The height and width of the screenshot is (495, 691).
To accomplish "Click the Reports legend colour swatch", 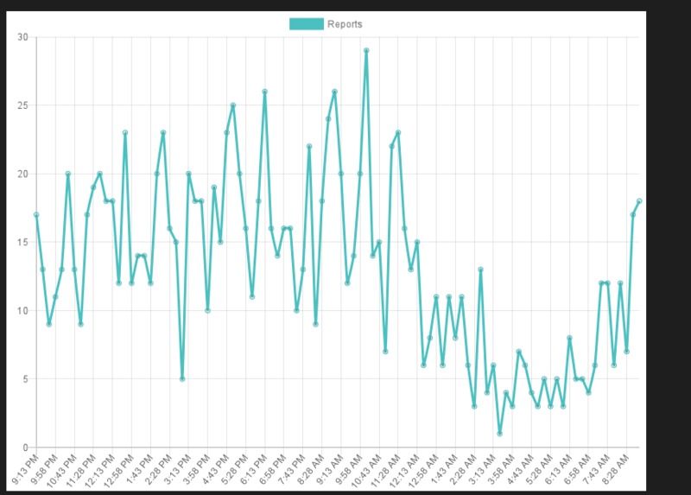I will click(306, 24).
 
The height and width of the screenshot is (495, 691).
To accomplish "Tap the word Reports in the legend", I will click(345, 24).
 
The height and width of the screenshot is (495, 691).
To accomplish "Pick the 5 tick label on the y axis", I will click(25, 379).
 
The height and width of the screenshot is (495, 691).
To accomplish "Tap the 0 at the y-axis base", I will click(25, 447).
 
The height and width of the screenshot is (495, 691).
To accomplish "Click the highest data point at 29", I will click(366, 51).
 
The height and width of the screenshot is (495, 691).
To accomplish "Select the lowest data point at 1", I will click(499, 434).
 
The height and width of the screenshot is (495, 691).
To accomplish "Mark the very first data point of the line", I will click(36, 215).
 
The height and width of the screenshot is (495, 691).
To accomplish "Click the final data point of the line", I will click(639, 201).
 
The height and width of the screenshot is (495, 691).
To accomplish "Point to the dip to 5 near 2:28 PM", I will click(182, 379).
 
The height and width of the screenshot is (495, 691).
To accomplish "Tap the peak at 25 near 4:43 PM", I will click(233, 105).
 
